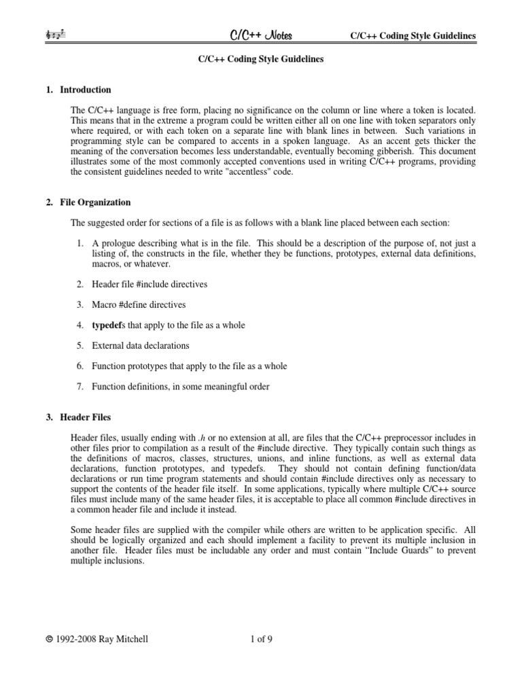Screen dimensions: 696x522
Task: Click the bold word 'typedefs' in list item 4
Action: point(108,326)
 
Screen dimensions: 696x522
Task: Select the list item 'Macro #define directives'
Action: point(139,304)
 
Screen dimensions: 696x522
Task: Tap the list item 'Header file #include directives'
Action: point(150,284)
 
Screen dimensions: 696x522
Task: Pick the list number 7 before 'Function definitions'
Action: point(79,387)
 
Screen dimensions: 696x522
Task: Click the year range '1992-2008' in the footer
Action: point(77,638)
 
